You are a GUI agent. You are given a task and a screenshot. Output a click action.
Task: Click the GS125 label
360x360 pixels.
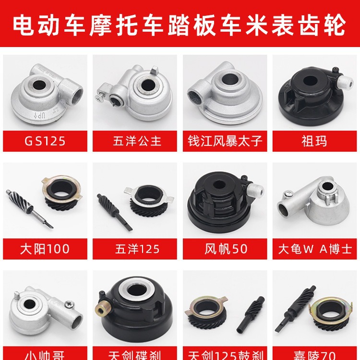45,142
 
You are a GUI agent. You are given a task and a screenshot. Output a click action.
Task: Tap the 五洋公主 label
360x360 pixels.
135,142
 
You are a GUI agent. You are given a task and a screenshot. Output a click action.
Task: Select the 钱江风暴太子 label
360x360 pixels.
225,142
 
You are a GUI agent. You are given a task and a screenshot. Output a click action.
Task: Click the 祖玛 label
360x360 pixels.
315,142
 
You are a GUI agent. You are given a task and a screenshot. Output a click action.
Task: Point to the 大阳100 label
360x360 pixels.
45,249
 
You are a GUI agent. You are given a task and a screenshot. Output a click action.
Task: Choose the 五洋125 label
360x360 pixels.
135,249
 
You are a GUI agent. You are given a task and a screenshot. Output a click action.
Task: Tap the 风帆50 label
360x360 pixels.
225,249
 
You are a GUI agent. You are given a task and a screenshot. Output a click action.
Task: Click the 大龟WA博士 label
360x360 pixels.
315,249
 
